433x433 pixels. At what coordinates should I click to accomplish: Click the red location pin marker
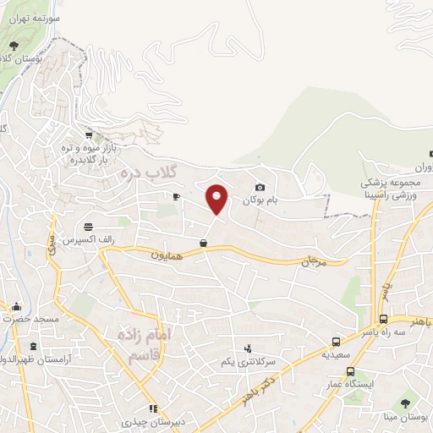click(x=217, y=198)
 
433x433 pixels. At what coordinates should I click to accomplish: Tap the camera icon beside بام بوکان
click(x=260, y=187)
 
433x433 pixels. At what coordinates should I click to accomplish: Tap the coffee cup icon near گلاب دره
click(x=176, y=197)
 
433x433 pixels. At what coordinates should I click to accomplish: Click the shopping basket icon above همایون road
click(x=203, y=243)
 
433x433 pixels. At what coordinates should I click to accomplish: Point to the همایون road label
click(x=167, y=253)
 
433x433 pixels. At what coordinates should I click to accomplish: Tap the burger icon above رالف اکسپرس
click(x=89, y=226)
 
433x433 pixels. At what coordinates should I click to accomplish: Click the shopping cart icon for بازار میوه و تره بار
click(x=88, y=134)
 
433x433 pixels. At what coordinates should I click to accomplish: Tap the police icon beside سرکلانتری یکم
click(x=247, y=347)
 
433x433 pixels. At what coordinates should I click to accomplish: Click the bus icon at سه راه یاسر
click(x=383, y=320)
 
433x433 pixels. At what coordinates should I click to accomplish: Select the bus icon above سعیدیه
click(x=337, y=343)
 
